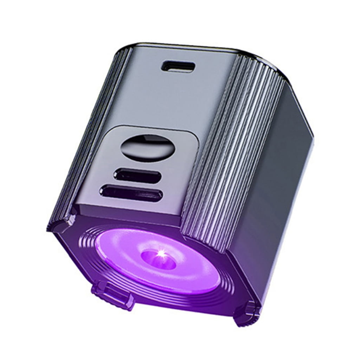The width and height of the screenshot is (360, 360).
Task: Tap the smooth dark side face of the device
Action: click(x=274, y=169)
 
